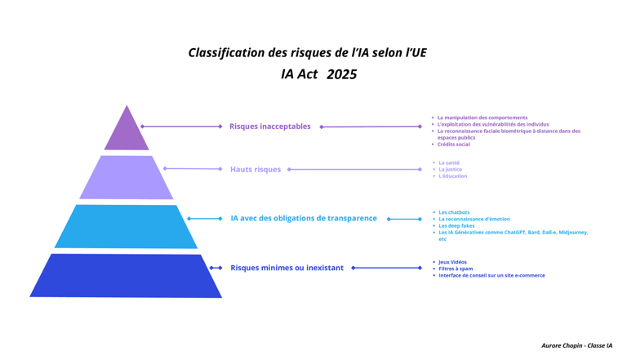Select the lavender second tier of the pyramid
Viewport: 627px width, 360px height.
pos(127,177)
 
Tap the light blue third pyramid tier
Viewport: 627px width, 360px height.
pos(127,226)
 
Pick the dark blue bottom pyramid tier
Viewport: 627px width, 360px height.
pos(127,275)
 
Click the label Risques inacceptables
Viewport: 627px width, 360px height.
pos(269,127)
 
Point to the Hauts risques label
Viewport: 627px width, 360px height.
pos(255,170)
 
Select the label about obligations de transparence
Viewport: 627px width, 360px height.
pos(304,219)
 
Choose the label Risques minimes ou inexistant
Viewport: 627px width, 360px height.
pos(287,268)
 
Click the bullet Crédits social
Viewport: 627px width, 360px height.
pos(454,144)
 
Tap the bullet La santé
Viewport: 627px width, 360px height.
pos(449,163)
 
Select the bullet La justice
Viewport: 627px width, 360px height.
pos(450,170)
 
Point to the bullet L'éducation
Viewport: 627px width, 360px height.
pos(453,176)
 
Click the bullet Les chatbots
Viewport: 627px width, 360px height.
pos(454,212)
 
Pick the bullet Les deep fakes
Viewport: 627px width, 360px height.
pos(457,225)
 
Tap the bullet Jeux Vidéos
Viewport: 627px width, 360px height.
pos(452,262)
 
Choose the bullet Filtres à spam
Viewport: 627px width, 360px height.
pos(456,269)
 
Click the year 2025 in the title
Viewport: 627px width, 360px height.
pos(341,74)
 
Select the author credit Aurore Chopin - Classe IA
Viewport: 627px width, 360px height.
pos(576,346)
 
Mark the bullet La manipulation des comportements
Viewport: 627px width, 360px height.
pos(482,118)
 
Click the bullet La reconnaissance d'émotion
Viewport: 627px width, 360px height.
pos(474,219)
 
